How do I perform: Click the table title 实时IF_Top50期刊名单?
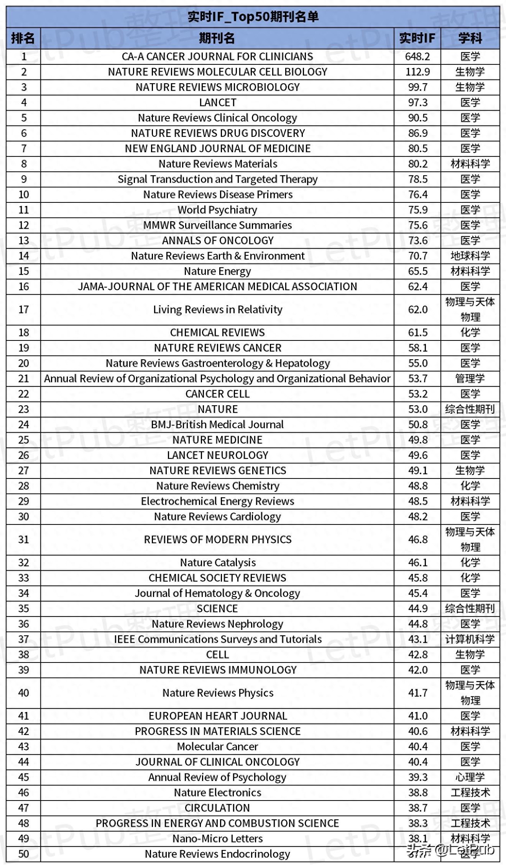click(x=253, y=17)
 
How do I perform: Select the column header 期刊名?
click(x=217, y=38)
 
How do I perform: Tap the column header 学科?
click(x=470, y=38)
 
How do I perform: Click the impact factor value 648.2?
click(x=417, y=57)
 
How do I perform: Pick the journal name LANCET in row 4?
click(x=217, y=103)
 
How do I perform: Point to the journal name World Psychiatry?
click(x=217, y=210)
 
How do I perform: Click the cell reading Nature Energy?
click(x=217, y=271)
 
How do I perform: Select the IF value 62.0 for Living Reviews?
click(x=417, y=310)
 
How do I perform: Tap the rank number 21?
click(x=23, y=379)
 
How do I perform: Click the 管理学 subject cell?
click(x=470, y=379)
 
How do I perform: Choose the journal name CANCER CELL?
click(x=217, y=394)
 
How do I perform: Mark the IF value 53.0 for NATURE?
click(x=417, y=409)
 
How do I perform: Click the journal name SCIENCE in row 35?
click(x=217, y=609)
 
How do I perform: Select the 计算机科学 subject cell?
click(x=470, y=639)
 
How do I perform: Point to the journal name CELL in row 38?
click(x=217, y=655)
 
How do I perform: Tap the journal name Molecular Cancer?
click(x=217, y=747)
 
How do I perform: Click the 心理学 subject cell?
click(x=470, y=778)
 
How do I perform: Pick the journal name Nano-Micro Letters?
click(x=217, y=839)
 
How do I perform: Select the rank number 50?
click(x=23, y=854)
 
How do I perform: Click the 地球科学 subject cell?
click(x=470, y=256)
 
